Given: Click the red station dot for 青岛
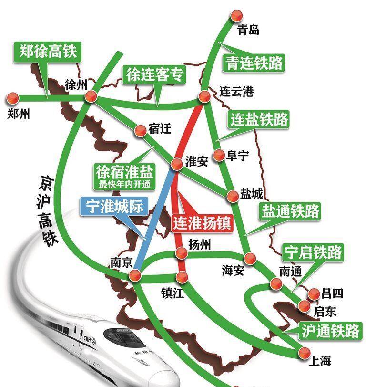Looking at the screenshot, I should point(234,16).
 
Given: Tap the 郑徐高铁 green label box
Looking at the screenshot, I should point(47,51).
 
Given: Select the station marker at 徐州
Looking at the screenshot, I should point(91,97).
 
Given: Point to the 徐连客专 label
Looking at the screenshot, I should point(155,75).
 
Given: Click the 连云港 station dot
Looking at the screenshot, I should point(204,97).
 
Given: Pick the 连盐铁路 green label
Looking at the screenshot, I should point(259,119).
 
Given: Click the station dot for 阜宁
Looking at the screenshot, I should point(219,155).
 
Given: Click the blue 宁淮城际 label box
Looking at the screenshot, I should point(114,206).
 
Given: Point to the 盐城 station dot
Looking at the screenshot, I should point(233,196).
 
